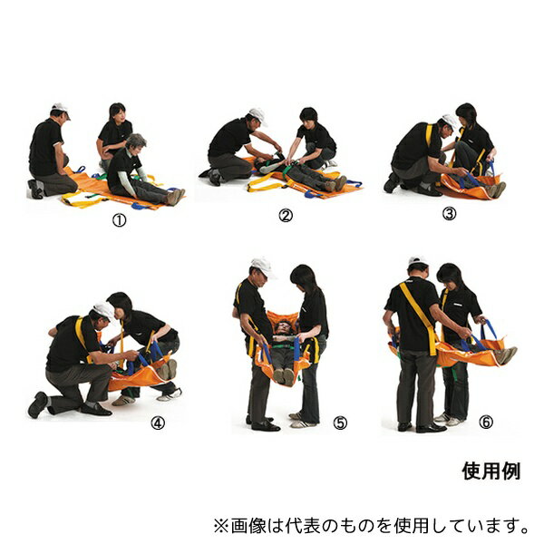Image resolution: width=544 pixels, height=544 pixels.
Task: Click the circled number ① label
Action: (119, 220)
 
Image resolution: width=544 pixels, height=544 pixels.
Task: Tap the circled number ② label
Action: (286, 216)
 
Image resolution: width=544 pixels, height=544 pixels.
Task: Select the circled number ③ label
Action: (450, 214)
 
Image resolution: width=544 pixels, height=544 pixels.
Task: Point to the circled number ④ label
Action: (158, 423)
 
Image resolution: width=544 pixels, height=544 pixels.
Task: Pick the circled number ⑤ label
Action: (340, 423)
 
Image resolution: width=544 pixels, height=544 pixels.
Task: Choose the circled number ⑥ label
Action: (486, 422)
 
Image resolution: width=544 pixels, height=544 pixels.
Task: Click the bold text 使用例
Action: (491, 471)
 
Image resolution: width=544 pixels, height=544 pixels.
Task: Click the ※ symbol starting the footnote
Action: (221, 526)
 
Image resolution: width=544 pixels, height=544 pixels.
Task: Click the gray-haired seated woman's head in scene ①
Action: (136, 142)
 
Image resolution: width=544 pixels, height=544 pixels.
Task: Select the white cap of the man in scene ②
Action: (258, 115)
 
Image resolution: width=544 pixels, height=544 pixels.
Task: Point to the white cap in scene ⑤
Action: (263, 267)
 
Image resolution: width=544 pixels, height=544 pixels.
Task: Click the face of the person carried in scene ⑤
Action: (283, 327)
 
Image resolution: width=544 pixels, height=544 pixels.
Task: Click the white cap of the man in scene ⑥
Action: (418, 261)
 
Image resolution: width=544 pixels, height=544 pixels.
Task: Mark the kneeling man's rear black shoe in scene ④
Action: (37, 404)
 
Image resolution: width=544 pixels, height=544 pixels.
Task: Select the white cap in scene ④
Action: (104, 310)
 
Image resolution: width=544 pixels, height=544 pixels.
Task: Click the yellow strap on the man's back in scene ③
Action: (429, 135)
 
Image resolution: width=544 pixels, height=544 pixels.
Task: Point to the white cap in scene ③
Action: (451, 121)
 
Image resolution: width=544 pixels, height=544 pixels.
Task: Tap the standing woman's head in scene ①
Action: (117, 112)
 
